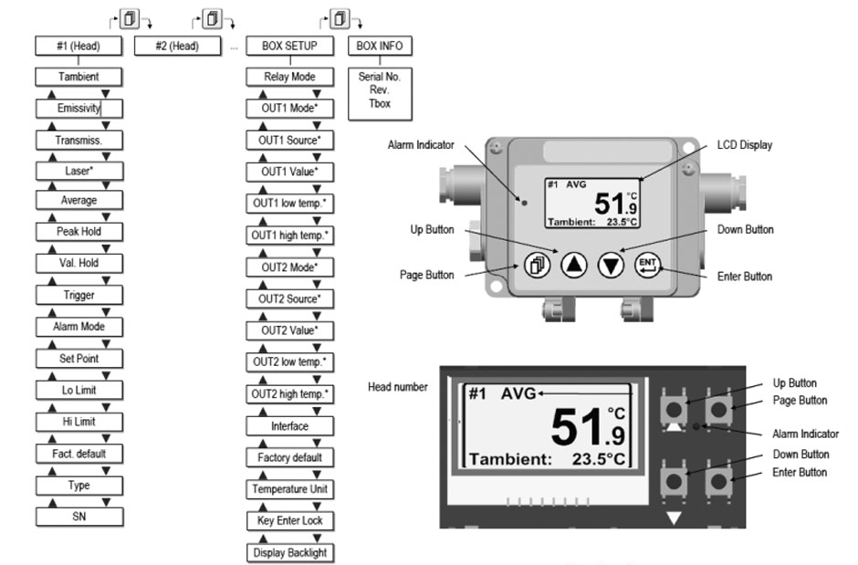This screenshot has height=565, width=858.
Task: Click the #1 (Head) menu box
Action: [x=78, y=46]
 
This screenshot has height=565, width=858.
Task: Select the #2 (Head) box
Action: [x=179, y=46]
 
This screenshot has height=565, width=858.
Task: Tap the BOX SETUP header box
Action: [x=290, y=46]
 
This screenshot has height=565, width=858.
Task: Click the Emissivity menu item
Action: [x=78, y=109]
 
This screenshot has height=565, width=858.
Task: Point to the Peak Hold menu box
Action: [x=78, y=232]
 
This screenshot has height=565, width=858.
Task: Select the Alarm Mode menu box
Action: [x=78, y=326]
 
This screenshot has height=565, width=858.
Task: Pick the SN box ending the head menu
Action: [x=78, y=517]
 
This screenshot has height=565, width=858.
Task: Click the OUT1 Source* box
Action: [x=290, y=141]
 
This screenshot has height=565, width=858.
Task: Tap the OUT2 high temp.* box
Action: [x=290, y=394]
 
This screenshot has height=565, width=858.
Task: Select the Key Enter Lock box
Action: [x=290, y=520]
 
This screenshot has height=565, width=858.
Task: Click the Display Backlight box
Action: [x=290, y=552]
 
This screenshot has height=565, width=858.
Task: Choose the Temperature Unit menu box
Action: [x=290, y=489]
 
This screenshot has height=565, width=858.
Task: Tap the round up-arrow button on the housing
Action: [x=573, y=265]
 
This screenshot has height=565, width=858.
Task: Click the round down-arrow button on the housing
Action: [x=612, y=265]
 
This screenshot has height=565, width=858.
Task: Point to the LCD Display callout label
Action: [x=747, y=144]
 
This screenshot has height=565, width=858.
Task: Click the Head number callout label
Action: [x=397, y=387]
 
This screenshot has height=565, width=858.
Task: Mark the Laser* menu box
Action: [x=78, y=170]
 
